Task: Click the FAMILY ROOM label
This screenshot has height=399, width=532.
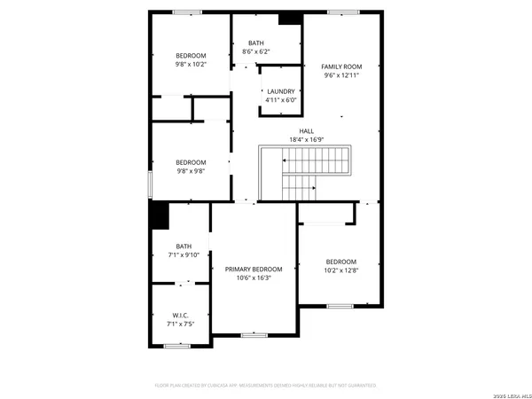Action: tap(341, 66)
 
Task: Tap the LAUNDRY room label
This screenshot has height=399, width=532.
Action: tap(280, 91)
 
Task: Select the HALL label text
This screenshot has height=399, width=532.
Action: tap(306, 131)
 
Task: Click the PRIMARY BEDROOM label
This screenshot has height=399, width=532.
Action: tap(254, 269)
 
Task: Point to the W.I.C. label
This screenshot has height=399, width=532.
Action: tap(180, 315)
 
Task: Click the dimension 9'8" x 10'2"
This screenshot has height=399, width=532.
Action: tap(190, 64)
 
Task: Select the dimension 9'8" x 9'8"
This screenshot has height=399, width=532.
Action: tap(190, 171)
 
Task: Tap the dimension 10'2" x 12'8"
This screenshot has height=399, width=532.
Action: tap(340, 270)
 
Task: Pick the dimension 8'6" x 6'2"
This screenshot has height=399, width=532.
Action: tap(255, 52)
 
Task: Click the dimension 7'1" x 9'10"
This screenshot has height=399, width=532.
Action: tap(184, 255)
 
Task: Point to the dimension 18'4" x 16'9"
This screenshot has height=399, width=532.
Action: tap(306, 140)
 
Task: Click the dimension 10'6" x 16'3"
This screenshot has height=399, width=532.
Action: tap(254, 278)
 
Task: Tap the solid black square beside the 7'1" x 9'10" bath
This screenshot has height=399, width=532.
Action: tap(159, 215)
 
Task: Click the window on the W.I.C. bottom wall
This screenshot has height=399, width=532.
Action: tap(177, 346)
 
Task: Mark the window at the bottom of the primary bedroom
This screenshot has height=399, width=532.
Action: tap(254, 335)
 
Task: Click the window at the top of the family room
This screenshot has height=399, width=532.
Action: tap(340, 12)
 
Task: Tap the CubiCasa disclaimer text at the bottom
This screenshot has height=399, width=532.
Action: tap(266, 386)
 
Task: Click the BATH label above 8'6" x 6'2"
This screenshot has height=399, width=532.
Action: tap(255, 43)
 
